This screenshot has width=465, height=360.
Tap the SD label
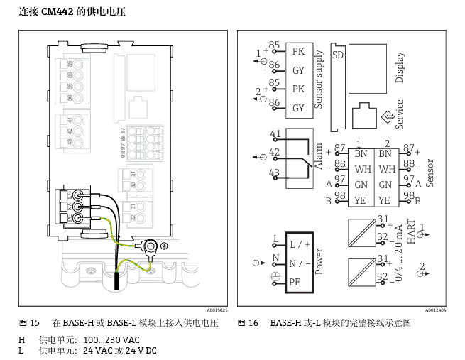(339, 55)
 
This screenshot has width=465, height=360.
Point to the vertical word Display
(400, 67)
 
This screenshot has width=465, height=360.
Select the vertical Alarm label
(319, 158)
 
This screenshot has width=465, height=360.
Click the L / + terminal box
(298, 244)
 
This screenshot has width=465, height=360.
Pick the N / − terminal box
(298, 263)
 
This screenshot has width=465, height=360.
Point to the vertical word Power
(319, 261)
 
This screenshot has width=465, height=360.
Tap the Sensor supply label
(319, 79)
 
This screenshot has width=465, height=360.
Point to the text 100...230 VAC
(106, 339)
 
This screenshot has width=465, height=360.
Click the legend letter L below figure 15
(21, 351)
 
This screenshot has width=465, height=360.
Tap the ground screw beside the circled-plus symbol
(151, 246)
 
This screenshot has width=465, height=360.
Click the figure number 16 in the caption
(253, 323)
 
